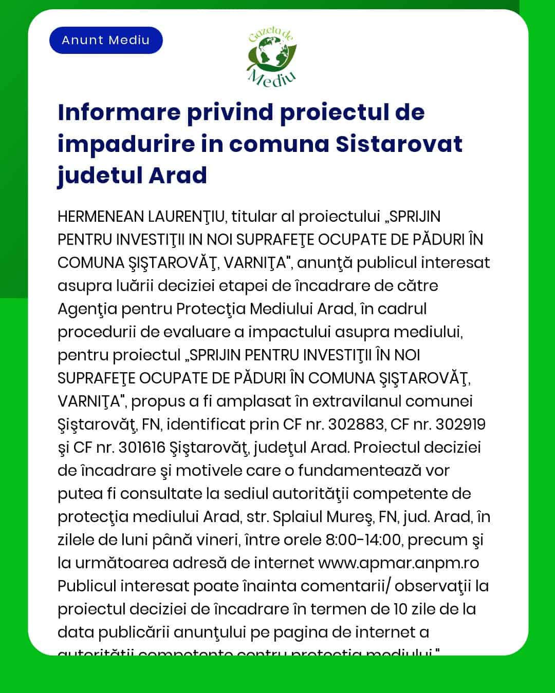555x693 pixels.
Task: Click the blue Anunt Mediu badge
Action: pyautogui.click(x=106, y=41)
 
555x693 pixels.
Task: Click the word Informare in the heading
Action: pyautogui.click(x=119, y=112)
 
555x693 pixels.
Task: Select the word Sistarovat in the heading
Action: pyautogui.click(x=399, y=144)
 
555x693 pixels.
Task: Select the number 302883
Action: pyautogui.click(x=356, y=425)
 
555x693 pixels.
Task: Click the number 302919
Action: pyautogui.click(x=460, y=425)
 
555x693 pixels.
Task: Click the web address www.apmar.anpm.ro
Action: pyautogui.click(x=399, y=563)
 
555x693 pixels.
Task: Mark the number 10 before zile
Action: pyautogui.click(x=400, y=609)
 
